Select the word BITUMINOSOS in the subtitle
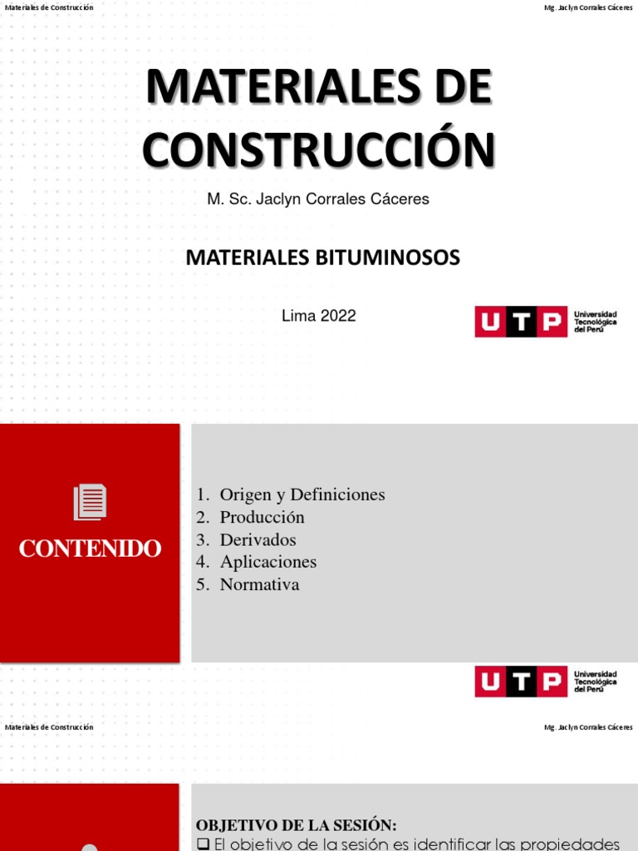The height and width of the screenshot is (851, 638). point(389,258)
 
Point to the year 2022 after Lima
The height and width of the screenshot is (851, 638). point(339,316)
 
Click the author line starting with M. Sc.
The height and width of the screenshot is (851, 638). point(318,199)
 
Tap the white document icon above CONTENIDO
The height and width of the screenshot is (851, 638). point(90,502)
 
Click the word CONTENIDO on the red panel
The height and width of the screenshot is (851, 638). point(90,548)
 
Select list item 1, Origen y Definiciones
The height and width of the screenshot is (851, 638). point(291,494)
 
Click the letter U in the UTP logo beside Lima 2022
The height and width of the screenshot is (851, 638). point(490,322)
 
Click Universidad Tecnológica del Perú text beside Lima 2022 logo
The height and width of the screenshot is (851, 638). point(595,322)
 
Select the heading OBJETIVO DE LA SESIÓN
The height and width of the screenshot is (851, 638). point(296,825)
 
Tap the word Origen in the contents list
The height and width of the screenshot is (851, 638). point(244,494)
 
